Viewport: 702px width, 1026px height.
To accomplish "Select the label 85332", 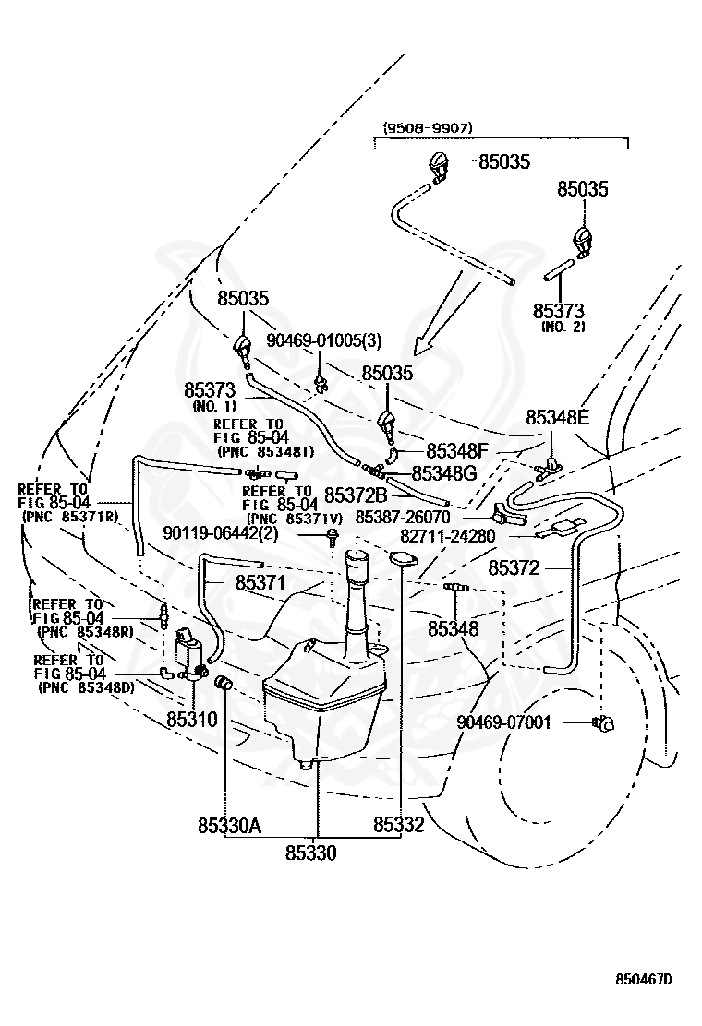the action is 399,825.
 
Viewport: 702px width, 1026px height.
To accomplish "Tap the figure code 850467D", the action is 644,980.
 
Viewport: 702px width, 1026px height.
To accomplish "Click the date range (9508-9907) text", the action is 427,128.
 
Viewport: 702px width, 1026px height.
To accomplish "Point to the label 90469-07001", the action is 504,722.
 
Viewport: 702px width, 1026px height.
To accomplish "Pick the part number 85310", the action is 192,720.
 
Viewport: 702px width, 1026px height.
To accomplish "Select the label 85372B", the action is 357,495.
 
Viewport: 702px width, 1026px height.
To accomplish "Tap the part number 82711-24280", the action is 448,537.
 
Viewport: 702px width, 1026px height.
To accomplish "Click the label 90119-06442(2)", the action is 221,534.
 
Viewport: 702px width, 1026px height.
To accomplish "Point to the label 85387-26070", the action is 403,517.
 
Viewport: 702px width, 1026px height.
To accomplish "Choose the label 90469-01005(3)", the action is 324,340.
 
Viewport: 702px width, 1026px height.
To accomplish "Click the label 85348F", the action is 458,451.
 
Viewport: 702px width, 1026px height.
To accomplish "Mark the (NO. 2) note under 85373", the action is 563,327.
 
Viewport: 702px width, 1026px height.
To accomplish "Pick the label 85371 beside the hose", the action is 260,582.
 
